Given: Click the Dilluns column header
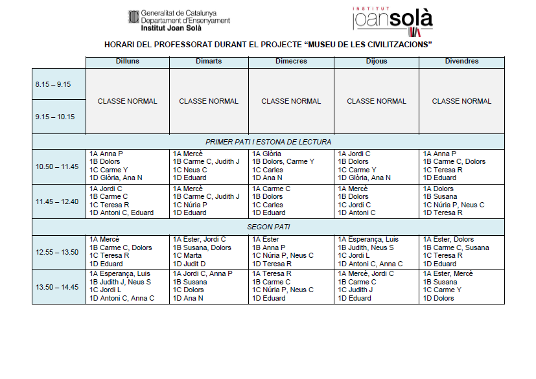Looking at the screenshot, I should tap(128, 62).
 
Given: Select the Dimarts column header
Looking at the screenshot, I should tap(209, 62).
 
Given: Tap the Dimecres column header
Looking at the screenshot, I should tap(291, 62).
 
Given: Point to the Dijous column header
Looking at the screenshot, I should tap(376, 62).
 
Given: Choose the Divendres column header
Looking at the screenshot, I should tap(461, 62).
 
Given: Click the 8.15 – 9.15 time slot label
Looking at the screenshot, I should tap(53, 84).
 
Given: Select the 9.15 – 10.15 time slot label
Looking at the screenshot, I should tap(55, 117).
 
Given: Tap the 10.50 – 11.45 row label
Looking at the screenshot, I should tap(57, 167).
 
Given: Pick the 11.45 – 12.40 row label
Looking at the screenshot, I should tap(57, 201).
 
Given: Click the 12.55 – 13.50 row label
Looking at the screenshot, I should tap(57, 252).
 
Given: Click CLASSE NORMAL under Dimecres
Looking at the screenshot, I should tap(291, 101).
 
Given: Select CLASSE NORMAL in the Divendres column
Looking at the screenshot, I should tap(461, 101).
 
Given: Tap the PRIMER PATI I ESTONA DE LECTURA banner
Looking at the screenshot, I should tap(268, 142).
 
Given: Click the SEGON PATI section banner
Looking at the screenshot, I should tap(268, 227).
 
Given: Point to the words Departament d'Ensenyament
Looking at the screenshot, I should tap(185, 21).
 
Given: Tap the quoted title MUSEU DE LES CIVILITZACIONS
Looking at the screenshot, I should tap(369, 45).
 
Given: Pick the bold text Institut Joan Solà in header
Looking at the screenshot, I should tap(171, 29).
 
